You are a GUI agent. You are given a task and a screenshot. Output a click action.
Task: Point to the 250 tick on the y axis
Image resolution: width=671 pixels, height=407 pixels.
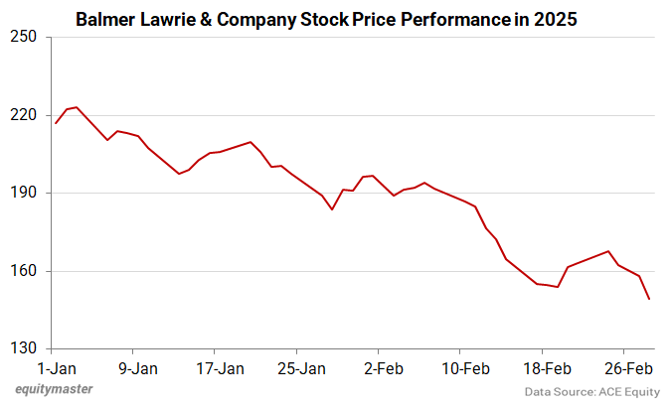(24, 38)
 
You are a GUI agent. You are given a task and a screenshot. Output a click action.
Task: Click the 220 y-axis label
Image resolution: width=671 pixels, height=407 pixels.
(24, 115)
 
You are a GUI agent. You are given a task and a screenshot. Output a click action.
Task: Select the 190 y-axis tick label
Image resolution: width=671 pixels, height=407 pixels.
(24, 193)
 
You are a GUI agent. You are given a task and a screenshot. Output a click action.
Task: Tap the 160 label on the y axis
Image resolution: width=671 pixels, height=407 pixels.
(24, 271)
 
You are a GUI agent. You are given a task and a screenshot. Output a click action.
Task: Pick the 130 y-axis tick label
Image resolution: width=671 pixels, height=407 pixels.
(24, 348)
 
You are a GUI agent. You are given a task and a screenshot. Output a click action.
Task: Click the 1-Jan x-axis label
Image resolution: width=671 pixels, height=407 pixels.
(57, 368)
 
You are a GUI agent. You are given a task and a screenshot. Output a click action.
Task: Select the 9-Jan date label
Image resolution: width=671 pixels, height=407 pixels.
(138, 368)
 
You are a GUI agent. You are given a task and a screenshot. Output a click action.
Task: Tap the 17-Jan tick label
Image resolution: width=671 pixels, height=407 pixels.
(220, 368)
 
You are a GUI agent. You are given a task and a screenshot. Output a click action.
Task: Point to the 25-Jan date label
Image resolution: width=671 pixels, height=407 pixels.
(301, 368)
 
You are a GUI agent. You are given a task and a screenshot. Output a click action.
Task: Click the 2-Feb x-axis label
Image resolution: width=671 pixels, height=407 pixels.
(383, 368)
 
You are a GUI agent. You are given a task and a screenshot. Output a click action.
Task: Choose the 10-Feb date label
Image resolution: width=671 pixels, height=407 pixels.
(464, 368)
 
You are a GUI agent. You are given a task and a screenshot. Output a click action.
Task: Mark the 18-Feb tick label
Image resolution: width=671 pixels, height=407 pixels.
(546, 368)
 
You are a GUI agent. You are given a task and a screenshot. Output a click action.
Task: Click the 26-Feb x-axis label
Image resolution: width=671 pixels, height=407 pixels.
(627, 368)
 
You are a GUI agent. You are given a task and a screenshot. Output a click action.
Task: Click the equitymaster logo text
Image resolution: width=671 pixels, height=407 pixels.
(55, 389)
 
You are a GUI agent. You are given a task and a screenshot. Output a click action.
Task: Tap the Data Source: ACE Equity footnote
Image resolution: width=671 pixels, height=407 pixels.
(589, 392)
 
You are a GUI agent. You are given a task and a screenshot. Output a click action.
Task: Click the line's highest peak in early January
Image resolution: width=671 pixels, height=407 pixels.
(77, 107)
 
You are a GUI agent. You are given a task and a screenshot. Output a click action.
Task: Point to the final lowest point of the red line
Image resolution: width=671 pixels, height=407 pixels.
(649, 299)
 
